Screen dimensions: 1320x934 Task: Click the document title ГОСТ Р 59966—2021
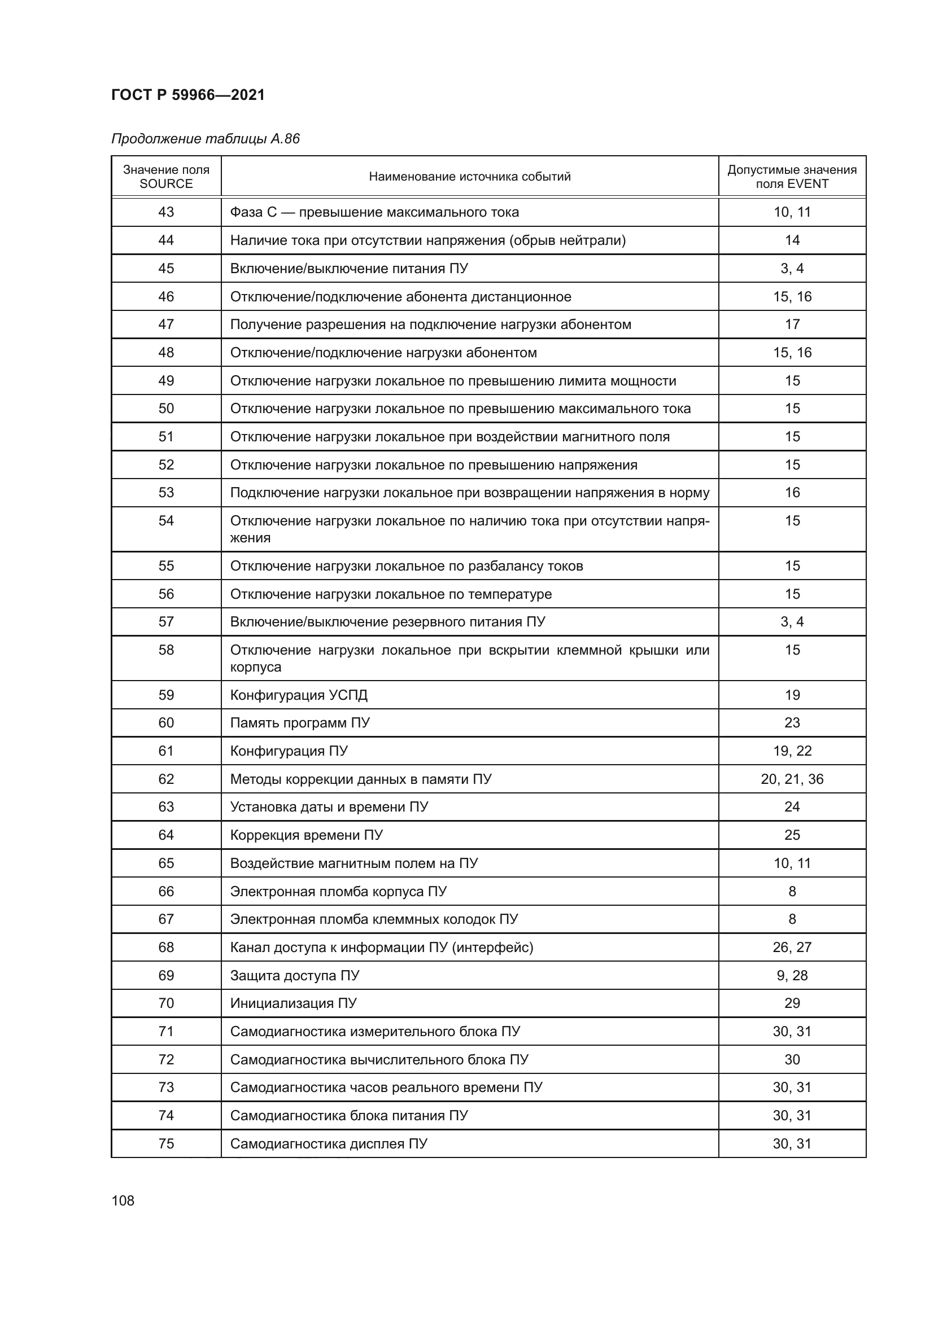click(x=188, y=95)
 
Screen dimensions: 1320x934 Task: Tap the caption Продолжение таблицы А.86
click(x=206, y=139)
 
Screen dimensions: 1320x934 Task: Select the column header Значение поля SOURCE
click(x=166, y=177)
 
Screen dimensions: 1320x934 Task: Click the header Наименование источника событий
click(x=469, y=177)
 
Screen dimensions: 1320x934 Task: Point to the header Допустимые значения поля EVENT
click(x=791, y=177)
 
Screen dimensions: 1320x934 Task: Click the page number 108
click(x=123, y=1200)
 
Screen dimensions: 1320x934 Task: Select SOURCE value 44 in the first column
click(x=166, y=240)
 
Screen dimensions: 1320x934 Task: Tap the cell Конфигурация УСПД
click(x=299, y=695)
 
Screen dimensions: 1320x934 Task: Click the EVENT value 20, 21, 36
click(x=791, y=779)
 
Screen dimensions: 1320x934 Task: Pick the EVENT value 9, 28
click(x=791, y=976)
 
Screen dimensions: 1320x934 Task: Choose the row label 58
click(x=166, y=650)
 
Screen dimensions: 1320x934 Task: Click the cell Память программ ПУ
click(x=300, y=723)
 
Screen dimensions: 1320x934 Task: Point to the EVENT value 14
click(x=792, y=240)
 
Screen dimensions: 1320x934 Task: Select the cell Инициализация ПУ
click(x=293, y=1003)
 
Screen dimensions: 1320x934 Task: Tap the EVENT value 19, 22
click(x=791, y=751)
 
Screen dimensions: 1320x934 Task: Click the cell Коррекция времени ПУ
click(x=306, y=835)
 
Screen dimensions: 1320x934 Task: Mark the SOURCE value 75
click(x=166, y=1143)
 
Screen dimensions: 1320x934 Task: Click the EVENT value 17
click(x=792, y=324)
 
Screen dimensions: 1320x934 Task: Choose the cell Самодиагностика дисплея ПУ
click(x=329, y=1143)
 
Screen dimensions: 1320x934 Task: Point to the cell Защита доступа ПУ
click(x=294, y=976)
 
